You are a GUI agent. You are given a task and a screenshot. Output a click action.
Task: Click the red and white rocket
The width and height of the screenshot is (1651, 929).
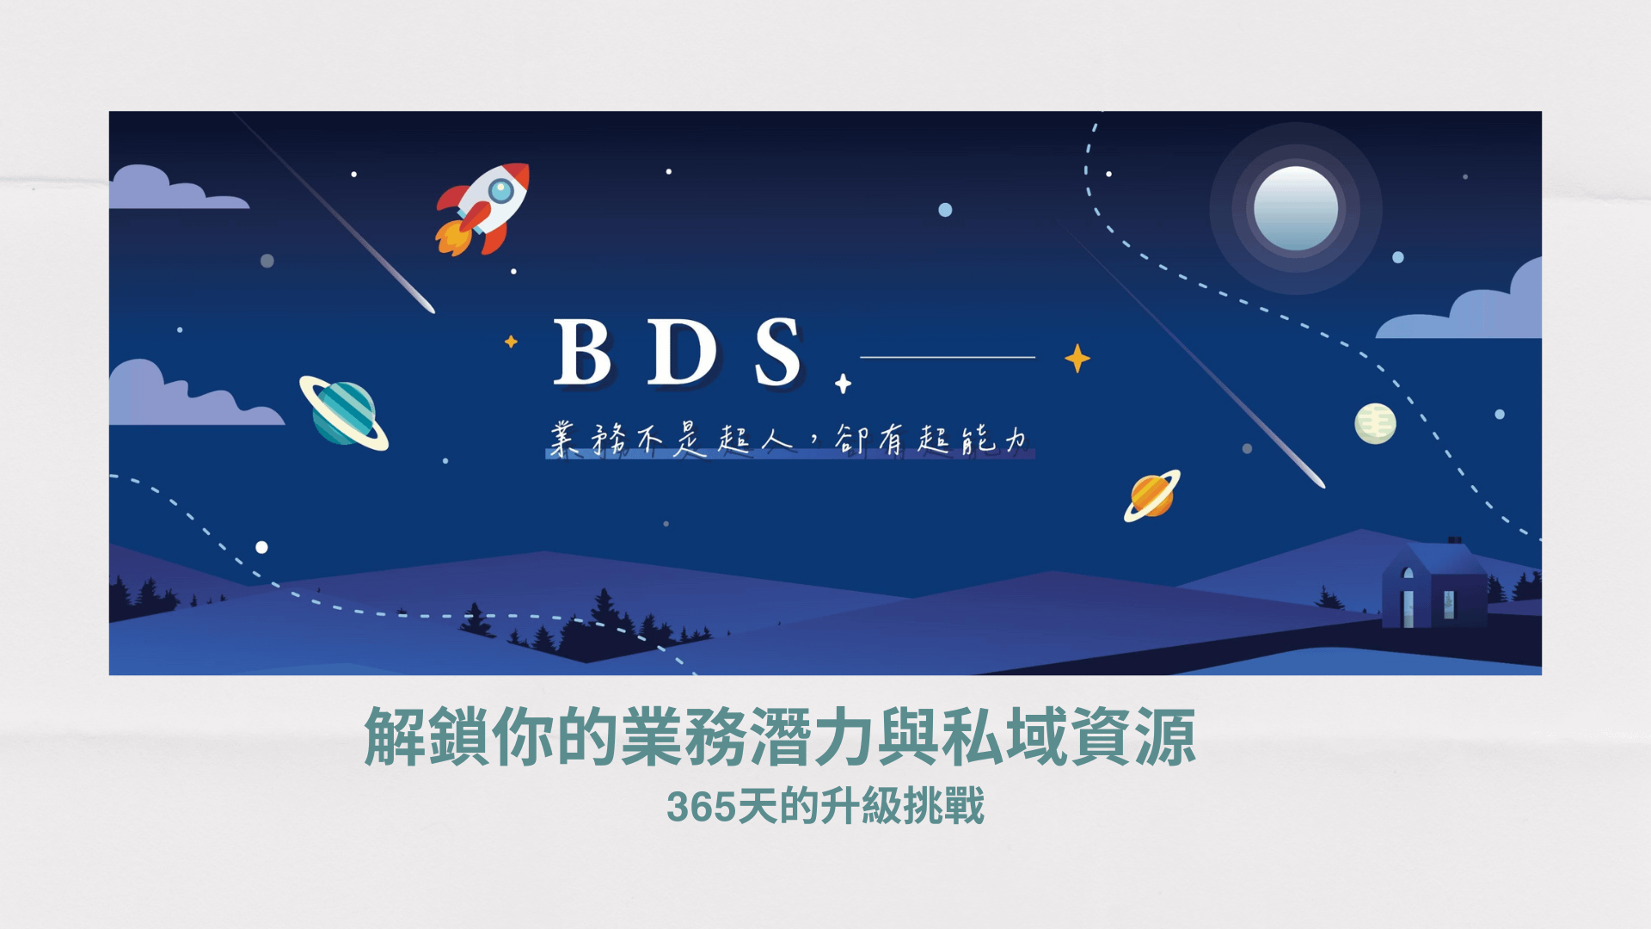click(x=483, y=209)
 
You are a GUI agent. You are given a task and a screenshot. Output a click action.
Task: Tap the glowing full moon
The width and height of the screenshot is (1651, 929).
click(x=1296, y=208)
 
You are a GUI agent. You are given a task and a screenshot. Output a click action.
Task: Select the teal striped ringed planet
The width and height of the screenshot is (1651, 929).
click(x=344, y=413)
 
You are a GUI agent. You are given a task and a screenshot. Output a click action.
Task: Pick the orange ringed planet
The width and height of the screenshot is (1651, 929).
click(x=1152, y=495)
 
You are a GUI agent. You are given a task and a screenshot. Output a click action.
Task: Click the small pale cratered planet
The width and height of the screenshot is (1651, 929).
click(x=1375, y=423)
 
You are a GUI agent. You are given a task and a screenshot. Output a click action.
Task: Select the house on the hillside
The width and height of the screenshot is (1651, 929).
click(x=1434, y=585)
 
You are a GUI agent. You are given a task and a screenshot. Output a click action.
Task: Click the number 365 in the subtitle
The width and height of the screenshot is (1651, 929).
click(x=702, y=808)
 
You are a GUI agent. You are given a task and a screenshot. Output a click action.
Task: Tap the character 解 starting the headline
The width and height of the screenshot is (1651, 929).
click(x=395, y=736)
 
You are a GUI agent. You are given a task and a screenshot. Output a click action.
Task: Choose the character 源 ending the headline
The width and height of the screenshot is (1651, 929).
click(x=1165, y=736)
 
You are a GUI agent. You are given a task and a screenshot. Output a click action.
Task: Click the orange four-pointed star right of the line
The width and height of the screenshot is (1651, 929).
click(x=1077, y=358)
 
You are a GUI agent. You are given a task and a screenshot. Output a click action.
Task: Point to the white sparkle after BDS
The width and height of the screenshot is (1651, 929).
click(x=843, y=384)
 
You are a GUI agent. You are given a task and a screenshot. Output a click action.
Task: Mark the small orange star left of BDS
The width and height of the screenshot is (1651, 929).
click(x=511, y=341)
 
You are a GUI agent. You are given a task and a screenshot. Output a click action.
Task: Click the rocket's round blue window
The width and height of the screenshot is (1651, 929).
click(x=500, y=190)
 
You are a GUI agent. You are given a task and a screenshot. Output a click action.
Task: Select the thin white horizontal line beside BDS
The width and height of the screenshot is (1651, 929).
click(x=948, y=357)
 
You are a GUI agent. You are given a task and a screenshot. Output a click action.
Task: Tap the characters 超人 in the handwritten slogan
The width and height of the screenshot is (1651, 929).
click(x=755, y=440)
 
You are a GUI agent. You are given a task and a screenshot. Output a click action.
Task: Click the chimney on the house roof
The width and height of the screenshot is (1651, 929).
click(x=1454, y=541)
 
